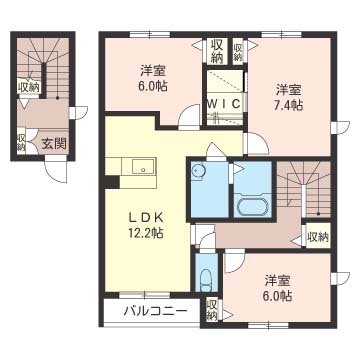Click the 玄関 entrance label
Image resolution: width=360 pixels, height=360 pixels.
point(54,144)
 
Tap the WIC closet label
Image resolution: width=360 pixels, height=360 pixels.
point(223,104)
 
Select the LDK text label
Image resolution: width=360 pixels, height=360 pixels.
point(146,218)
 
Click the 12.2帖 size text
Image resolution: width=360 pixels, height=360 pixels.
point(146,233)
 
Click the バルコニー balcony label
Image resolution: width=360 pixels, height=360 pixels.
point(155,312)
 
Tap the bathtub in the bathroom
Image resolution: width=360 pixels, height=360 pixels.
point(253,207)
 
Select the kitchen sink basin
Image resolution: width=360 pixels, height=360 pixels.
point(143,166)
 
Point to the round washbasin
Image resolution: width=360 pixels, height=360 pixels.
point(198,171)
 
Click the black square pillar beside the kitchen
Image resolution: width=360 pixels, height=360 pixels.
point(112,182)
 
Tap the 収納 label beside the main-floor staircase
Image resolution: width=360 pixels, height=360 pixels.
point(318,237)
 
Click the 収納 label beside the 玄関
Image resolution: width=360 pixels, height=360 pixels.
point(21,142)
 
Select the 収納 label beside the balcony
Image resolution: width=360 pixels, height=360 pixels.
point(211,310)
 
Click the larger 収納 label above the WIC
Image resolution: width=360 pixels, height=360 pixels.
point(217,51)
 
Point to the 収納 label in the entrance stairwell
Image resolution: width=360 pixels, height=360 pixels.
point(29,88)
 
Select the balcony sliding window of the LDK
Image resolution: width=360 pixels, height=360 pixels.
point(145,295)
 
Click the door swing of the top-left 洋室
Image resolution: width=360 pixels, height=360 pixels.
point(189,117)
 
